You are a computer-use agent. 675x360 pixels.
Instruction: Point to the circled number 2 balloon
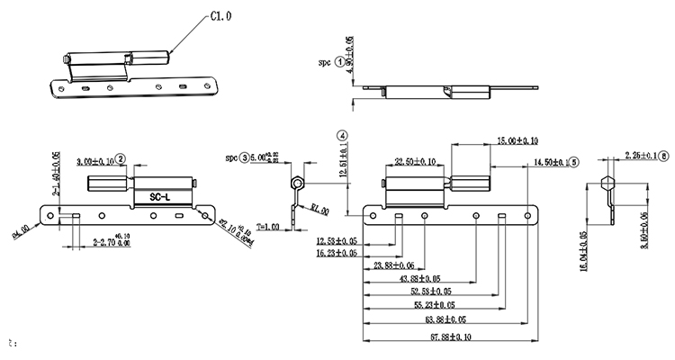(x=121, y=159)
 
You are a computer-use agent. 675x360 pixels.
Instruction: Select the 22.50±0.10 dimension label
(x=415, y=162)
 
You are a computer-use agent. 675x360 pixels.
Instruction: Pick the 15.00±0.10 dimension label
(x=517, y=141)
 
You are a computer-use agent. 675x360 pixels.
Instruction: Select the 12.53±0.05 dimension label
(x=337, y=241)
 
